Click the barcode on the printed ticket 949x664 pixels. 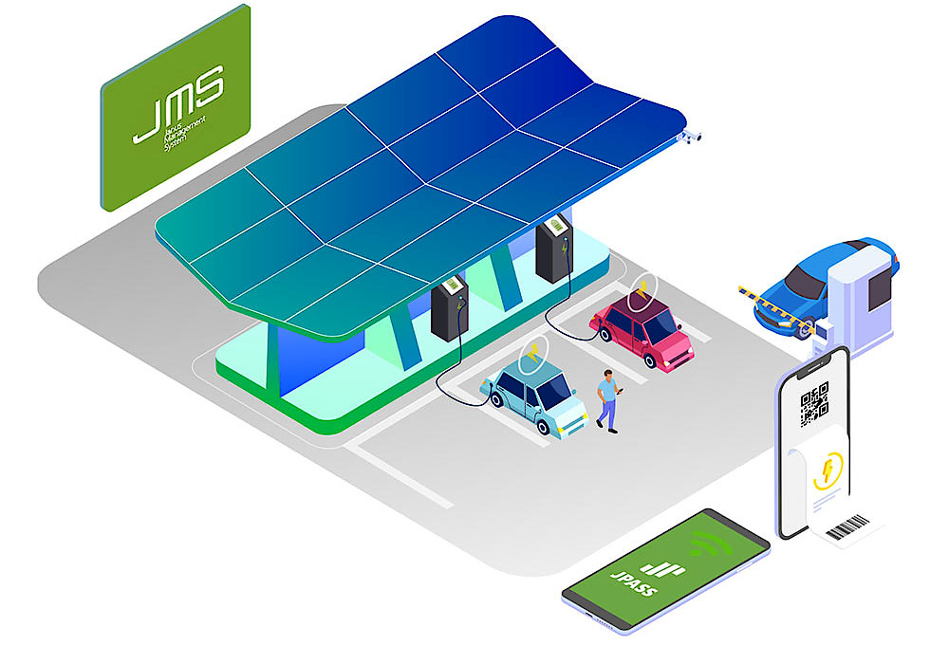(x=848, y=526)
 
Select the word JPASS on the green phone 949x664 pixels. (x=635, y=579)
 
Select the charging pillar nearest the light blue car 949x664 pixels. (x=449, y=308)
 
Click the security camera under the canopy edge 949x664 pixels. (x=690, y=138)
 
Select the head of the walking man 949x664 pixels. (x=605, y=375)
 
